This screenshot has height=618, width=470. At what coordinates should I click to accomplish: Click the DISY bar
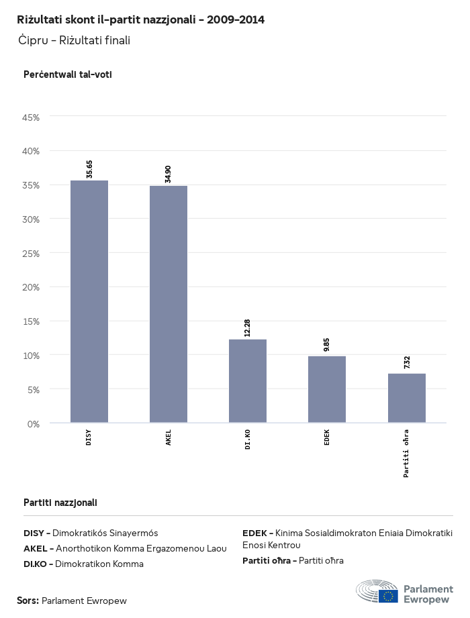coord(89,302)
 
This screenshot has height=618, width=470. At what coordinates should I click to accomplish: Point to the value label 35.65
coord(89,169)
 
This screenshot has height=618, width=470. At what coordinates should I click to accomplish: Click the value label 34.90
coord(169,174)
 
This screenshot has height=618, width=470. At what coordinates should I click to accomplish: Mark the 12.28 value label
coord(248,328)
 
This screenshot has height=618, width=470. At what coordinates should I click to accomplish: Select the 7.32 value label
coord(406,363)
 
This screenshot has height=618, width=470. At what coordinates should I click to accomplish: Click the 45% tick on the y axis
coord(32,117)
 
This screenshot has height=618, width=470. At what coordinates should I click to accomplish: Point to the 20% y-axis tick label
coord(32,287)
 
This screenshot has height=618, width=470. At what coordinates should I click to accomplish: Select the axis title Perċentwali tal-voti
coord(67,74)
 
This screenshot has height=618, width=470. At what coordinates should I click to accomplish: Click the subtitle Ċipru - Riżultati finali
coord(74,41)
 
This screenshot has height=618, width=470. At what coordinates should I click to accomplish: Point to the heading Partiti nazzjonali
coord(60,502)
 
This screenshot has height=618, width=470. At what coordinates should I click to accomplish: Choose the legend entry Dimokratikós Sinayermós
coord(105,533)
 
